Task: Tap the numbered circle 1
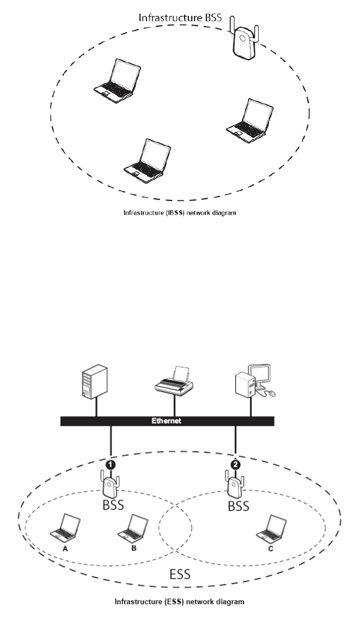(111, 465)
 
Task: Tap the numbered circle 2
(235, 465)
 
